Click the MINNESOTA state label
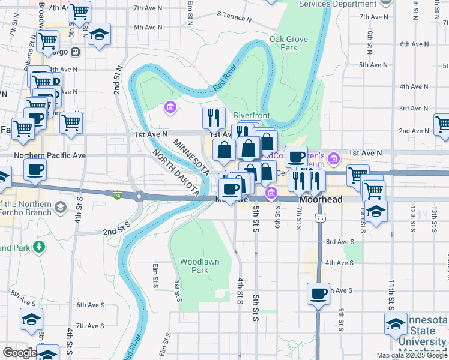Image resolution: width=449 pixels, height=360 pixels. (191, 156)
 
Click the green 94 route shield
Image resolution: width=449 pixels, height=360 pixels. (116, 194)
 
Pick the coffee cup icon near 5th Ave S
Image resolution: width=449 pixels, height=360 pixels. (318, 294)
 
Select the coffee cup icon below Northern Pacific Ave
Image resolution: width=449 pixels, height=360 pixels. (35, 170)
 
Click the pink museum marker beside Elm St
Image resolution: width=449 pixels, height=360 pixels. (170, 107)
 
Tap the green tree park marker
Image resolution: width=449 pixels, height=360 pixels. (39, 246)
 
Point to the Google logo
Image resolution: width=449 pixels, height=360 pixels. (20, 353)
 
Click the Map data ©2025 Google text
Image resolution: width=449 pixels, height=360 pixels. (411, 355)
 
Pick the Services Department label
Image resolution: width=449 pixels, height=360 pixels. (329, 4)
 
